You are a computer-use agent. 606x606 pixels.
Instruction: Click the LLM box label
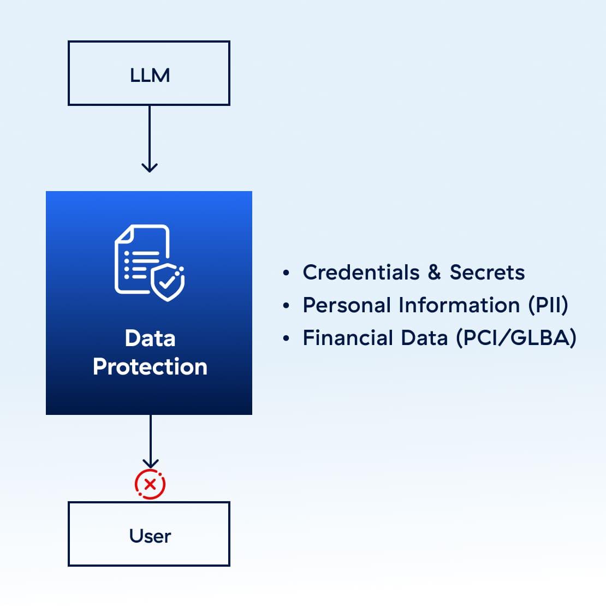150,75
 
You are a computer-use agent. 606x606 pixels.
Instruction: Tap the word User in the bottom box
150,536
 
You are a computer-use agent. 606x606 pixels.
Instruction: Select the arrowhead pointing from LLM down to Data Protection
150,168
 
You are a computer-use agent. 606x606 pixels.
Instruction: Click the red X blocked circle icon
150,484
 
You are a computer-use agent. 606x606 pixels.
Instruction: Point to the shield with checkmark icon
168,282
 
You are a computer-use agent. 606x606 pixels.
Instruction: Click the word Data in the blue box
150,338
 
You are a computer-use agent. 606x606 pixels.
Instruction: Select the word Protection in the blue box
150,366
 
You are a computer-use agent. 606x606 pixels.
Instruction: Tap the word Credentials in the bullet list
361,272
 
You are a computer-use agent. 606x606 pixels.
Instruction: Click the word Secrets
488,272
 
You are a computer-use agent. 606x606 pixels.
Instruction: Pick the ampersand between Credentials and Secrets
435,272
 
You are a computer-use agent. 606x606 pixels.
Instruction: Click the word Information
459,305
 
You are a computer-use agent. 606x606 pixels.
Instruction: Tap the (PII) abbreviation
548,305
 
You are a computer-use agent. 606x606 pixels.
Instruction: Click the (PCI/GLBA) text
516,338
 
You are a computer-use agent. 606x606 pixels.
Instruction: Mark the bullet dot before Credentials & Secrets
286,273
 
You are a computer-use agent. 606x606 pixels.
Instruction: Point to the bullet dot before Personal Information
286,306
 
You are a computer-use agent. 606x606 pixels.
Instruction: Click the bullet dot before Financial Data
286,338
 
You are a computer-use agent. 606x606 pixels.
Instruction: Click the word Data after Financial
424,338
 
